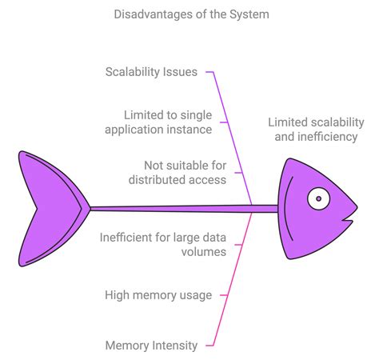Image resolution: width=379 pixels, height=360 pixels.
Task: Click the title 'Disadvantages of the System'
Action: coord(189,14)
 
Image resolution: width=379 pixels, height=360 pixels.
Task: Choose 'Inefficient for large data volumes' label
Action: coord(162,244)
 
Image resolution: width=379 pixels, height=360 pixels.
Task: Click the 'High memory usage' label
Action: coord(158,295)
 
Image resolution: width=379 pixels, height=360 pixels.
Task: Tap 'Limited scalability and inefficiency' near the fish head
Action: coord(316,130)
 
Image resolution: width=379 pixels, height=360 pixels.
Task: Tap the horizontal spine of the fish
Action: coord(184,209)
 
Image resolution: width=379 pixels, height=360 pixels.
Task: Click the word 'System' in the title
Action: coord(245,14)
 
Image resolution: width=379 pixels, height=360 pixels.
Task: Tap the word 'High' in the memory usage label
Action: coord(118,295)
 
